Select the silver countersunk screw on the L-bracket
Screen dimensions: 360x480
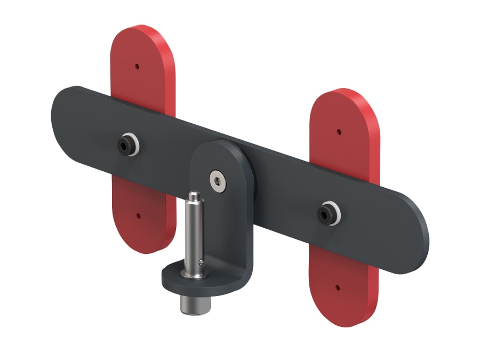pyautogui.click(x=217, y=180)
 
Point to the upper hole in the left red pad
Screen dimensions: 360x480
pyautogui.click(x=137, y=67)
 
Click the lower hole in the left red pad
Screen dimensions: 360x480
pyautogui.click(x=138, y=216)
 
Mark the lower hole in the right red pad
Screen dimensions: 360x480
pyautogui.click(x=338, y=287)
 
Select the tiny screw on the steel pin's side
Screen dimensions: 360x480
pyautogui.click(x=201, y=261)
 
